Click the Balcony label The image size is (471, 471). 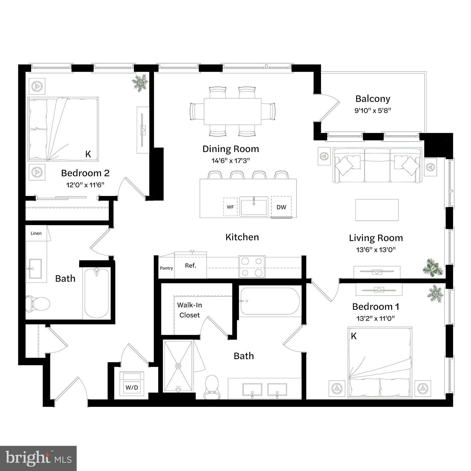[x=373, y=99]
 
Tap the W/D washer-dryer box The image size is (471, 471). [x=132, y=387]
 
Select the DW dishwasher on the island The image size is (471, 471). [x=281, y=207]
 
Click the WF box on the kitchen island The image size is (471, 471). [x=230, y=207]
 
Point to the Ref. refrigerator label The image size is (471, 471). [x=190, y=266]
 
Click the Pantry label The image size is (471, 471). [x=167, y=268]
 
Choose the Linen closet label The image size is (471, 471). [x=36, y=233]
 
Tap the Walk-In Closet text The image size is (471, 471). [x=190, y=310]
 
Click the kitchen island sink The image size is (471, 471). [x=254, y=206]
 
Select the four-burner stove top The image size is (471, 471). [x=252, y=267]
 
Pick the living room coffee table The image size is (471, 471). [x=377, y=210]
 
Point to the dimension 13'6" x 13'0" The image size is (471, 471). [x=376, y=250]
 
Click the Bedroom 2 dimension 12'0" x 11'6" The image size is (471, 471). [x=85, y=185]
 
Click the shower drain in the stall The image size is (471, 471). [x=178, y=366]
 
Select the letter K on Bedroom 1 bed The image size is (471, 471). [x=354, y=336]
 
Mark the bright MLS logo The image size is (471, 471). [x=38, y=458]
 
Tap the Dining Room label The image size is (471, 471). [x=231, y=149]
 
